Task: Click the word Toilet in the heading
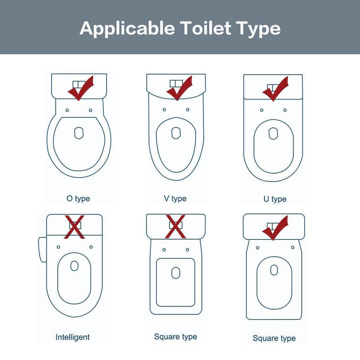coord(205,28)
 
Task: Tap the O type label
coord(78,199)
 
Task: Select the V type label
coord(175,199)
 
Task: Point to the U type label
coord(275,199)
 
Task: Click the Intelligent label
coord(72,337)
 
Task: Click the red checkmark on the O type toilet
coord(81,88)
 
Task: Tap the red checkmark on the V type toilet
coord(180,88)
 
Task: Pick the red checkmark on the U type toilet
coord(276,89)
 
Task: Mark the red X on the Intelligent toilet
coord(75,227)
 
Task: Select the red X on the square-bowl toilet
coord(175,227)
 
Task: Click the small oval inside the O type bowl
coord(79,133)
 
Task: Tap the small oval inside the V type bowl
coord(176,133)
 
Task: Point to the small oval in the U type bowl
coord(273,134)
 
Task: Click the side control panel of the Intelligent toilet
coord(43,250)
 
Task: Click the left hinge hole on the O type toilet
coord(67,110)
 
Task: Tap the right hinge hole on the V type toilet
coord(188,110)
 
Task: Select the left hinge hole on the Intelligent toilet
coord(58,247)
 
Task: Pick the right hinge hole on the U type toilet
coord(285,110)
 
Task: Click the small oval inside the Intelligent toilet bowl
coord(75,266)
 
